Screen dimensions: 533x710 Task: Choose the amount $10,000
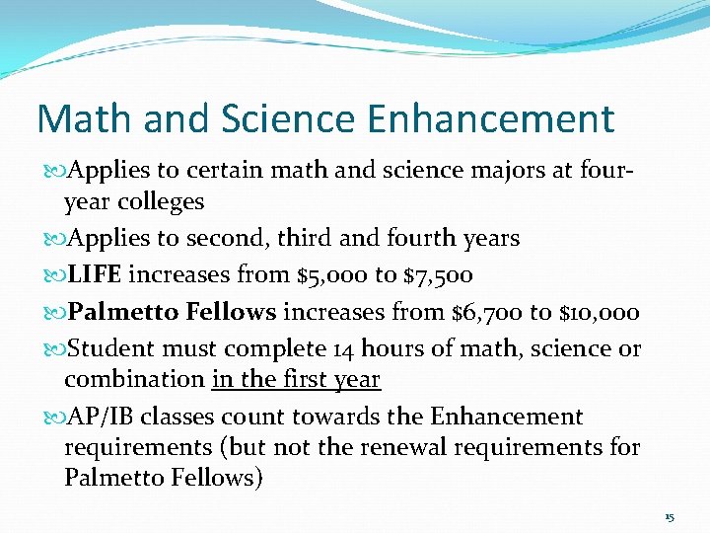pos(600,313)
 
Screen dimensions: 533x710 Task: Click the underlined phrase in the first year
pos(296,379)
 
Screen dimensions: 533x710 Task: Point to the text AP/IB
pos(95,418)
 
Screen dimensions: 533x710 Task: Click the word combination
pos(133,379)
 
